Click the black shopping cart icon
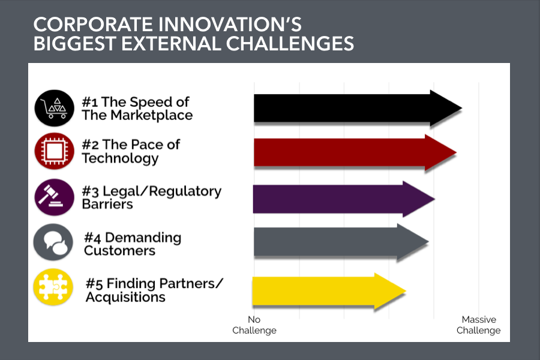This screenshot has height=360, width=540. (x=55, y=108)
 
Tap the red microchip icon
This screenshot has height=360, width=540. (x=55, y=151)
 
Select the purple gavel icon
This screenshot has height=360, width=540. (x=55, y=197)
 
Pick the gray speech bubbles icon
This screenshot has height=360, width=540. (x=53, y=242)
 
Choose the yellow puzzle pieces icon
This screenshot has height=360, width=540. (x=53, y=287)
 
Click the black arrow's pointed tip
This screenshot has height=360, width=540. (x=462, y=108)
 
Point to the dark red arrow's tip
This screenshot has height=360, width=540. (x=457, y=152)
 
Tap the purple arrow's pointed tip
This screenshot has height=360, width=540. (x=434, y=199)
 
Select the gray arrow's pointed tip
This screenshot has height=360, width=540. (x=429, y=242)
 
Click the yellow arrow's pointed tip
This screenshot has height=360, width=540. (x=406, y=291)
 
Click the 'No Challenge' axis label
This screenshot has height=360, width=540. (x=254, y=325)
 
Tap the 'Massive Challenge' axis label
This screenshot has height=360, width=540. (x=478, y=325)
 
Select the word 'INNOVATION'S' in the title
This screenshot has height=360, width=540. (x=230, y=25)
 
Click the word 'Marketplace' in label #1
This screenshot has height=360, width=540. (x=152, y=115)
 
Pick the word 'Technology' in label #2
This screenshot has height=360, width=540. (x=121, y=158)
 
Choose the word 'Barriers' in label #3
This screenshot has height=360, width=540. (x=107, y=204)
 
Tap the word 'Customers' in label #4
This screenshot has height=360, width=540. (x=119, y=250)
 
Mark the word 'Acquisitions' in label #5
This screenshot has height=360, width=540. (x=126, y=297)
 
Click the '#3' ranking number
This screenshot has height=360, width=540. (x=90, y=191)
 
